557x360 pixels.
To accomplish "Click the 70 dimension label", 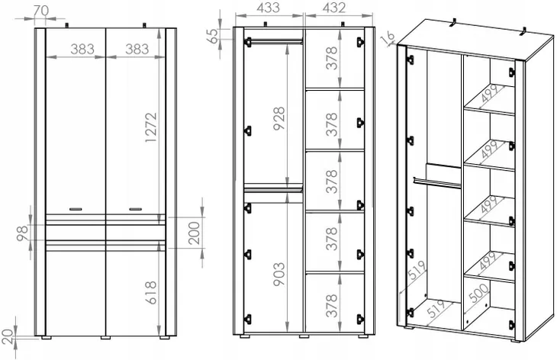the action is pyautogui.click(x=41, y=11).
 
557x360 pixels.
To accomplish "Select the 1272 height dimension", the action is pyautogui.click(x=151, y=127).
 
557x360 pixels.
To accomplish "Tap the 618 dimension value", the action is pyautogui.click(x=151, y=293).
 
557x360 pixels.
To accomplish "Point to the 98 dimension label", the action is pyautogui.click(x=23, y=233).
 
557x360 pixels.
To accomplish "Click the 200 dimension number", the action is pyautogui.click(x=195, y=233).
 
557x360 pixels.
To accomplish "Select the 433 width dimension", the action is pyautogui.click(x=268, y=8).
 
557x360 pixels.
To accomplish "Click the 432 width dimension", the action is pyautogui.click(x=333, y=8).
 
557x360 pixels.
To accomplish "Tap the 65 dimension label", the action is pyautogui.click(x=214, y=36).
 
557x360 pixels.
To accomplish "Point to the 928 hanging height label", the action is pyautogui.click(x=279, y=118).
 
